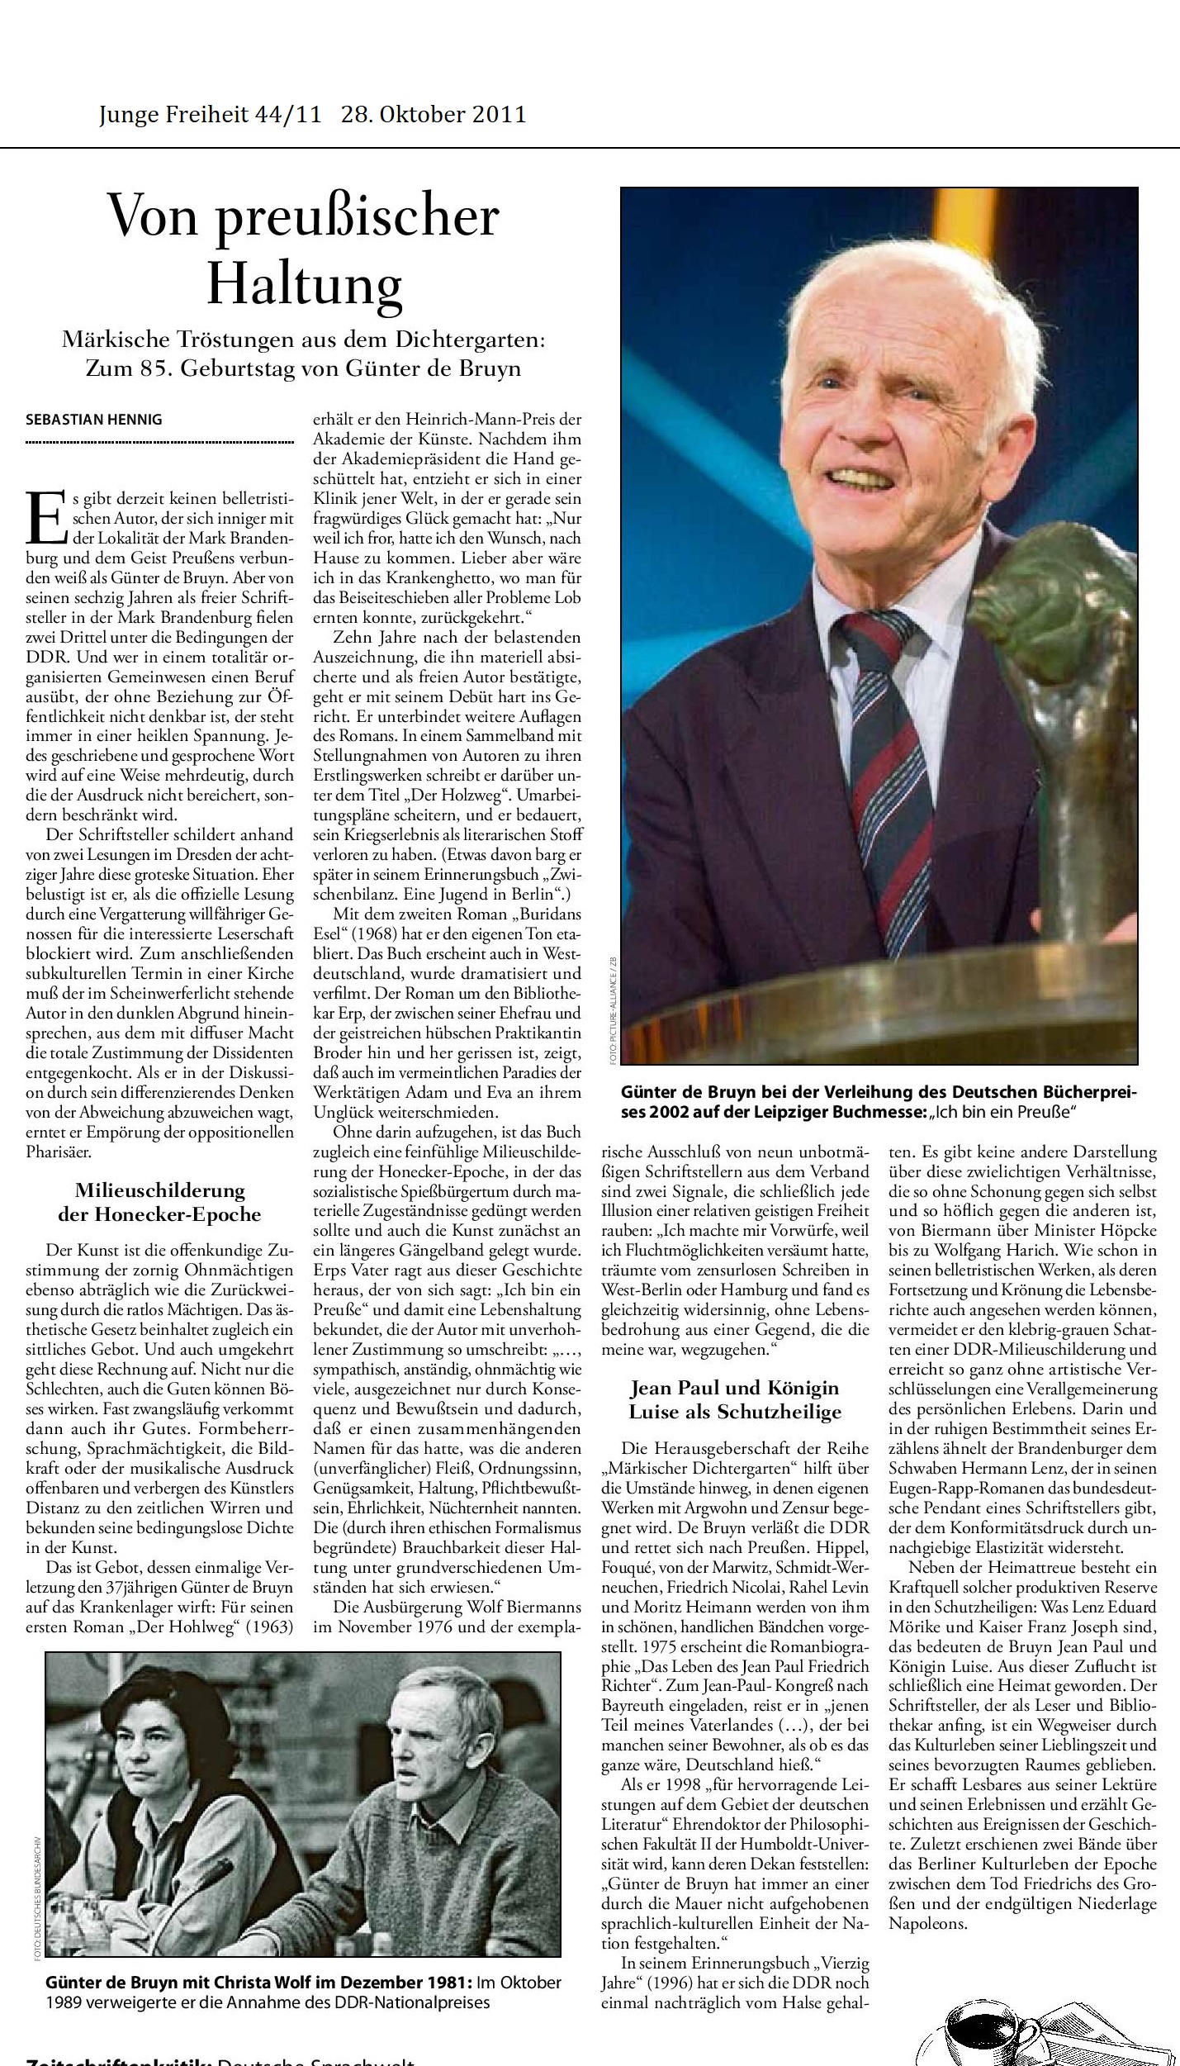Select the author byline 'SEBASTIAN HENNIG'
pyautogui.click(x=94, y=419)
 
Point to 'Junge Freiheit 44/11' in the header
pyautogui.click(x=210, y=114)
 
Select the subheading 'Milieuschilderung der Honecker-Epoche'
pyautogui.click(x=159, y=1202)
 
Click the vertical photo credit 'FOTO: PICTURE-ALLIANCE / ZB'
pyautogui.click(x=614, y=1008)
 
